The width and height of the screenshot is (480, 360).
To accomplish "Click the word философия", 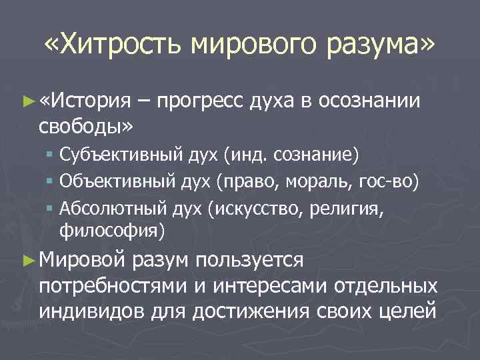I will tap(111, 230).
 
